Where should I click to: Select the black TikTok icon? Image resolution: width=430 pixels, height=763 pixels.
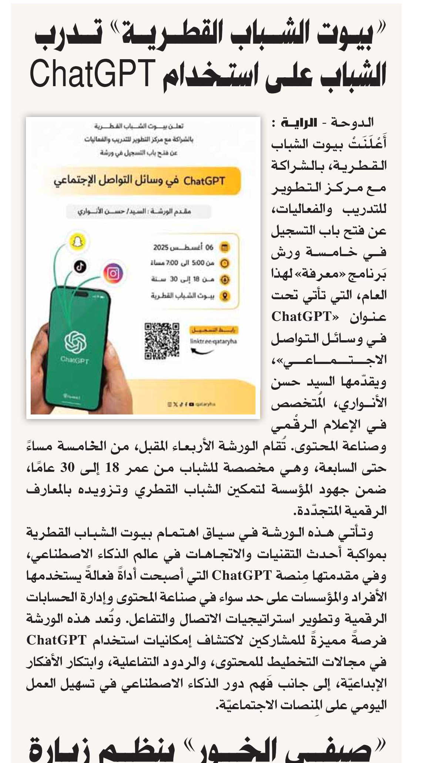click(80, 266)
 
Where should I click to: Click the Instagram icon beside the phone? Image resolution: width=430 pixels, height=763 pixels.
click(113, 273)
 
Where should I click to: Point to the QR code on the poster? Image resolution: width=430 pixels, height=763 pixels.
click(161, 341)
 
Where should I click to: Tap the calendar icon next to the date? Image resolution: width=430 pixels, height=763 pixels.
click(225, 247)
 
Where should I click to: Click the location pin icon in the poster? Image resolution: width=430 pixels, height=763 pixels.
click(225, 296)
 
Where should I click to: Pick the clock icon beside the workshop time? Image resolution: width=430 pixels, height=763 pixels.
click(225, 263)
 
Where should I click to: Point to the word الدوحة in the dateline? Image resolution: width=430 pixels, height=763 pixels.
click(352, 122)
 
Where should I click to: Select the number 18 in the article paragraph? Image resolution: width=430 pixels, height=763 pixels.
click(112, 468)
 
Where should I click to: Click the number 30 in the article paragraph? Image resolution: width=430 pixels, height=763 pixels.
click(67, 468)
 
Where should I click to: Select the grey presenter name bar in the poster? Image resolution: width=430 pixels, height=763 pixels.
click(138, 212)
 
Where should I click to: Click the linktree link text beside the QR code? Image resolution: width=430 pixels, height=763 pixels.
click(213, 341)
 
